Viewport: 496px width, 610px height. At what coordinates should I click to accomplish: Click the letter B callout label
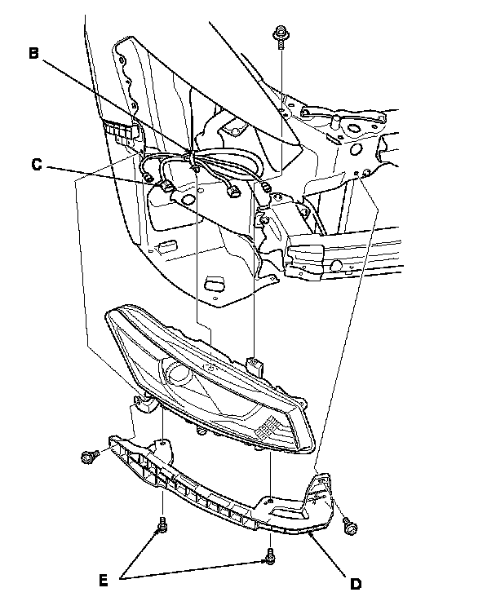coord(33,55)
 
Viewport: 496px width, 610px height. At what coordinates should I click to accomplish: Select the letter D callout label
coord(356,583)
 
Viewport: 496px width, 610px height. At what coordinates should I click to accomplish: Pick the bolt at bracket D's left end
coord(89,457)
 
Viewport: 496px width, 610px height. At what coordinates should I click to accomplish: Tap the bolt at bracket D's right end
coord(350,526)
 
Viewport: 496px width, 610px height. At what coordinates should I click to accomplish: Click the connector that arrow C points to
coord(168,186)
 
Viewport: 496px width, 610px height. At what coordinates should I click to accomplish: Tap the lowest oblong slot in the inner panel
coord(214,284)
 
